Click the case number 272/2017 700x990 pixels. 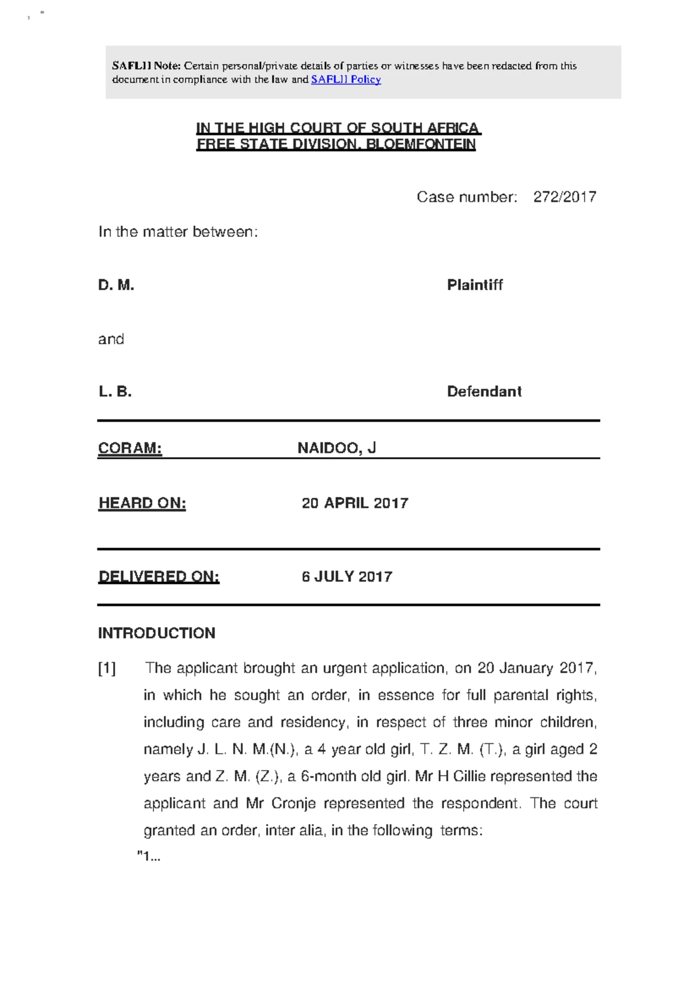click(564, 197)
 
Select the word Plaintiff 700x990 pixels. click(474, 285)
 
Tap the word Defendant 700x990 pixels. click(484, 391)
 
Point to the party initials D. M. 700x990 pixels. click(116, 285)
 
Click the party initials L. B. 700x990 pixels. click(115, 391)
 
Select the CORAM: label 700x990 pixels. click(129, 448)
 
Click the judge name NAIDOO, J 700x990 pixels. click(337, 448)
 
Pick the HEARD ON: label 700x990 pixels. click(142, 503)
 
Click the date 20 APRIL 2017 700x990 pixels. click(355, 503)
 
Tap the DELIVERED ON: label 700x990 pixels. click(159, 576)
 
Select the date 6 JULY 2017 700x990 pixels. click(346, 576)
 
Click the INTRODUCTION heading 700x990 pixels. click(156, 633)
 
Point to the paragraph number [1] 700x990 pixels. click(107, 668)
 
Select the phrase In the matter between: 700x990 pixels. click(178, 232)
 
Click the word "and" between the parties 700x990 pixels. click(111, 339)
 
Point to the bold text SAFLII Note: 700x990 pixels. click(146, 66)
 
